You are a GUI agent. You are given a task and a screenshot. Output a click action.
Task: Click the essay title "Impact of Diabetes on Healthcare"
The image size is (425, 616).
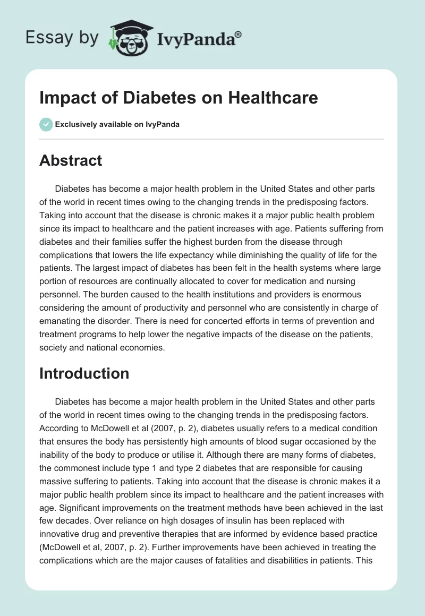[x=178, y=98]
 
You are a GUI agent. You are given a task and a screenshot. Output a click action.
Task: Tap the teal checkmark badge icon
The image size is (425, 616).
[x=46, y=124]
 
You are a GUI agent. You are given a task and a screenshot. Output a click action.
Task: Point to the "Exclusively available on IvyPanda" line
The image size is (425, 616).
[x=117, y=124]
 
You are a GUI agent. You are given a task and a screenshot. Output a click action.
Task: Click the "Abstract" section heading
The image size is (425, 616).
[x=71, y=160]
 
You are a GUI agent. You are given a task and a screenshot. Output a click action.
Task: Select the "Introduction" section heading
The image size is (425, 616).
[x=84, y=373]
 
